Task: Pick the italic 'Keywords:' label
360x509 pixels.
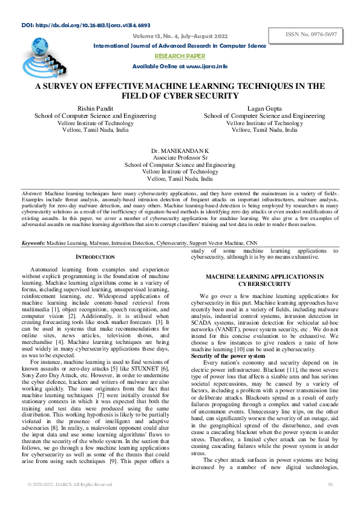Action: pyautogui.click(x=34, y=242)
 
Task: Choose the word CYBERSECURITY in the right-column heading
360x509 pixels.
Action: pyautogui.click(x=264, y=283)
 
